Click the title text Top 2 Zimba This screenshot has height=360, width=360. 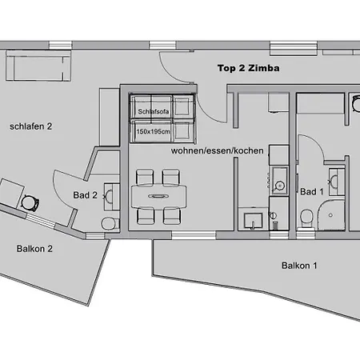click(249, 68)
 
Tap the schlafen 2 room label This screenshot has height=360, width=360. click(31, 126)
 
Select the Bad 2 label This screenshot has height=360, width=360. click(85, 195)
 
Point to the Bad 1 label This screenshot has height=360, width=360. click(311, 191)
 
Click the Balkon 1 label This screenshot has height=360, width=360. click(299, 266)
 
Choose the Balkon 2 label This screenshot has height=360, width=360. click(34, 249)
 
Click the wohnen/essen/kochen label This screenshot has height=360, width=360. click(217, 150)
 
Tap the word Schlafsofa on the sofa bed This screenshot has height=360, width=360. click(154, 111)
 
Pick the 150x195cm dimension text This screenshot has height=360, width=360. click(153, 131)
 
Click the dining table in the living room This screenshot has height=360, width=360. click(158, 197)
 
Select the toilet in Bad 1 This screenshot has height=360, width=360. click(306, 218)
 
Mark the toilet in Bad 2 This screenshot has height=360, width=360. click(109, 223)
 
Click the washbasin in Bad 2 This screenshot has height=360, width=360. click(111, 197)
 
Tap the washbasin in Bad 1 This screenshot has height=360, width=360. click(336, 182)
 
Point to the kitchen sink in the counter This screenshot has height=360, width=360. click(279, 180)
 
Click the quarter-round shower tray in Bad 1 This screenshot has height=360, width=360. click(330, 215)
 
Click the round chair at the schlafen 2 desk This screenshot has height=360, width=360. click(30, 203)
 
